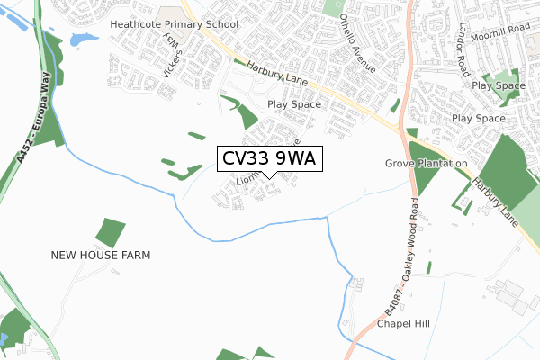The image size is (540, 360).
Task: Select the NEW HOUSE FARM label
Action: (x=101, y=256)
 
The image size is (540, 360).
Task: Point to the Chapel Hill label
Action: (x=405, y=324)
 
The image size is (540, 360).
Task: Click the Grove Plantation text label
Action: (x=427, y=164)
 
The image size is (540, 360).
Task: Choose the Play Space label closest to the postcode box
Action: (x=293, y=104)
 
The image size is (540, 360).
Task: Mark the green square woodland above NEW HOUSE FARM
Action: (x=110, y=232)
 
